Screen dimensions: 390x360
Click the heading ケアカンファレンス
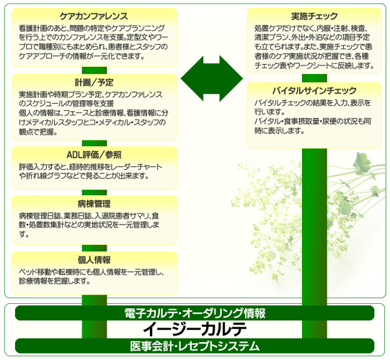pyautogui.click(x=94, y=16)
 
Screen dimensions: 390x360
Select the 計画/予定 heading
pyautogui.click(x=94, y=82)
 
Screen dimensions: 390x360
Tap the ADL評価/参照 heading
pyautogui.click(x=94, y=155)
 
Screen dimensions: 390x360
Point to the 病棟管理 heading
pyautogui.click(x=94, y=204)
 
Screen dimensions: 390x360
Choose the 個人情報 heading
pyautogui.click(x=94, y=260)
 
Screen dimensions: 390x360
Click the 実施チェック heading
pyautogui.click(x=314, y=16)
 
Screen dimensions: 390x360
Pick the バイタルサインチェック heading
pyautogui.click(x=314, y=91)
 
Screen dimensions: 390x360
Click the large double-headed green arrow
pyautogui.click(x=212, y=78)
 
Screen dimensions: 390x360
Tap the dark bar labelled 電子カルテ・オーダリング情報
pyautogui.click(x=195, y=313)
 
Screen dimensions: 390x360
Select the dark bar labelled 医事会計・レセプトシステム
pyautogui.click(x=195, y=346)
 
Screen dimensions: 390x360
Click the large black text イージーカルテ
pyautogui.click(x=195, y=329)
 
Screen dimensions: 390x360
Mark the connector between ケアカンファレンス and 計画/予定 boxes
pyautogui.click(x=94, y=71)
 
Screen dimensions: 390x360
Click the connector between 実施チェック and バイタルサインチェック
pyautogui.click(x=314, y=78)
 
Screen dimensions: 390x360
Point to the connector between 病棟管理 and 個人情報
pyautogui.click(x=94, y=248)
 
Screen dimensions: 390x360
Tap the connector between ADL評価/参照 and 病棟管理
pyautogui.click(x=94, y=192)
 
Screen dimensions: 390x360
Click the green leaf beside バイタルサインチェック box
pyautogui.click(x=361, y=161)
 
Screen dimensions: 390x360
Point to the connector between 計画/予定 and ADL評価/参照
pyautogui.click(x=94, y=143)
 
